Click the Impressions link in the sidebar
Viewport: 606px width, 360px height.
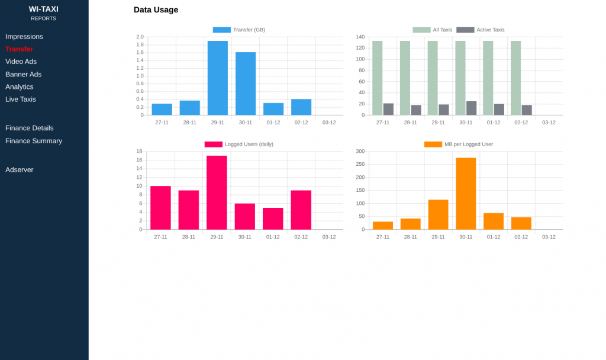(24, 37)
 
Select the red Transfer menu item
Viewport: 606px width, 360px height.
(19, 49)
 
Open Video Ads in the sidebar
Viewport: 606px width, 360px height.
(21, 62)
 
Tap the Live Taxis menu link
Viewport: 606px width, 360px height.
(21, 99)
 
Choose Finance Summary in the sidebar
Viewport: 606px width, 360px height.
(34, 141)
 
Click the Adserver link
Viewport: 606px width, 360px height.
(20, 170)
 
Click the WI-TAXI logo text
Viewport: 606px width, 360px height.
(44, 9)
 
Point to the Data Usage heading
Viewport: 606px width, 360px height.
(156, 10)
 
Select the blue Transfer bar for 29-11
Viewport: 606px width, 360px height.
(218, 78)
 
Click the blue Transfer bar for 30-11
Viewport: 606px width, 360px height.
(246, 83)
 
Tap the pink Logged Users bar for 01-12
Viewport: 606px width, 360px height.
(273, 218)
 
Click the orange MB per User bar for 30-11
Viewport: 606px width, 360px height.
(466, 194)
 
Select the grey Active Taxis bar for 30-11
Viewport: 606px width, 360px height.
(471, 108)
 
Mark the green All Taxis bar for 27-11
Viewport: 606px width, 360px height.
(377, 78)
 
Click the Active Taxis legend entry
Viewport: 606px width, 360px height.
(481, 30)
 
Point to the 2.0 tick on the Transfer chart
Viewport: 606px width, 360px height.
(140, 37)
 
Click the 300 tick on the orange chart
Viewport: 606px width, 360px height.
(360, 152)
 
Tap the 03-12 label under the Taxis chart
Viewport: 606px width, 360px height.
(549, 123)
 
